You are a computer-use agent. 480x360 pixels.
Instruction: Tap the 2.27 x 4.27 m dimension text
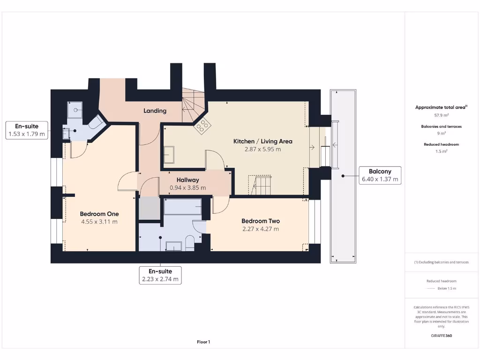pos(261,229)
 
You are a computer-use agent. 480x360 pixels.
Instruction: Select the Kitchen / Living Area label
pos(263,141)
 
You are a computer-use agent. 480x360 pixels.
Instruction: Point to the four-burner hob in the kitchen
pos(203,125)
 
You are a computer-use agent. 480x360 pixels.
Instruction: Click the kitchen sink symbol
pos(169,154)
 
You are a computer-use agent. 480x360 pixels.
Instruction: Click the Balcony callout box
pos(380,175)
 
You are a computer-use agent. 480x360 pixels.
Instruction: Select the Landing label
pos(155,111)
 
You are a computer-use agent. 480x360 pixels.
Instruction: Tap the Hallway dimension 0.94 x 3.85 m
pos(187,187)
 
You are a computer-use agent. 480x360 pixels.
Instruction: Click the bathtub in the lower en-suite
pos(182,206)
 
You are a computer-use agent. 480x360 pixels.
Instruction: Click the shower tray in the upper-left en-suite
pos(75,111)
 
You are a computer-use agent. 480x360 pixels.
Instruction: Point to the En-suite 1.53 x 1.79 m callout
pos(27,130)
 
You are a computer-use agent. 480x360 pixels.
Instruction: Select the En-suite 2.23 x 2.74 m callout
pos(160,275)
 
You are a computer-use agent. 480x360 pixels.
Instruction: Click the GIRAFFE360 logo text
pos(441,336)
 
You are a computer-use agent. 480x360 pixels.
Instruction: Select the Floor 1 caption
pos(203,342)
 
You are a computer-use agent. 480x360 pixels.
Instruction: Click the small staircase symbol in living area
pos(260,185)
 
